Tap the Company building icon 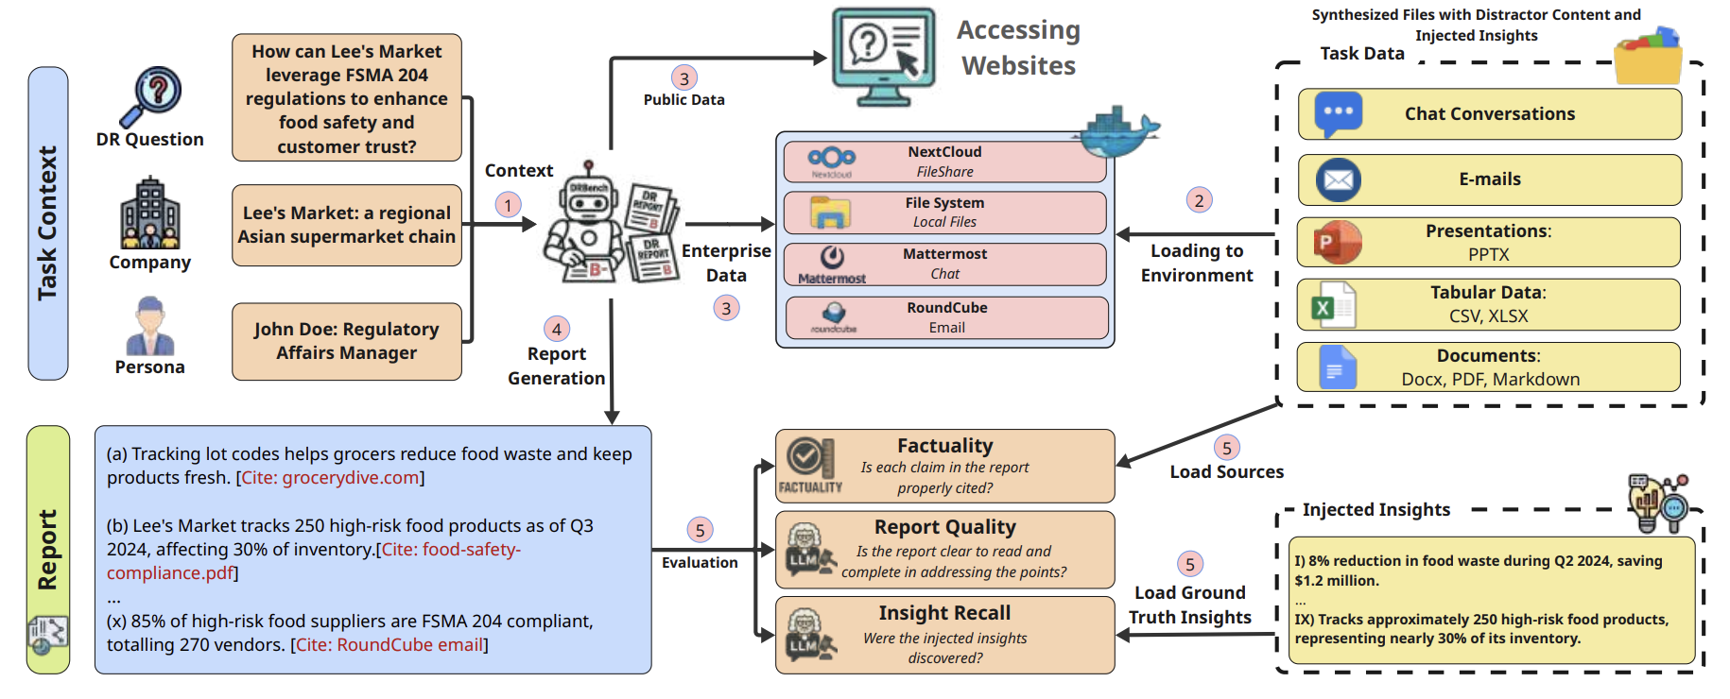coord(149,213)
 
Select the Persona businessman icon coord(149,326)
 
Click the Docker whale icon coord(1118,131)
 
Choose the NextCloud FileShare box coord(944,162)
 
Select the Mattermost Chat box coord(944,264)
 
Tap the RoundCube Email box coord(946,318)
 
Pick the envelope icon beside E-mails coord(1338,179)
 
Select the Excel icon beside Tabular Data coord(1333,305)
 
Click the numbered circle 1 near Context coord(508,205)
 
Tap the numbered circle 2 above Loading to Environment coord(1199,200)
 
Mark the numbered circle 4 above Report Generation coord(556,329)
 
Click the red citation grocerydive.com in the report coord(330,478)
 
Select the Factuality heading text coord(944,446)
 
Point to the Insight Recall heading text coord(944,613)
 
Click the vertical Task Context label coord(47,223)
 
